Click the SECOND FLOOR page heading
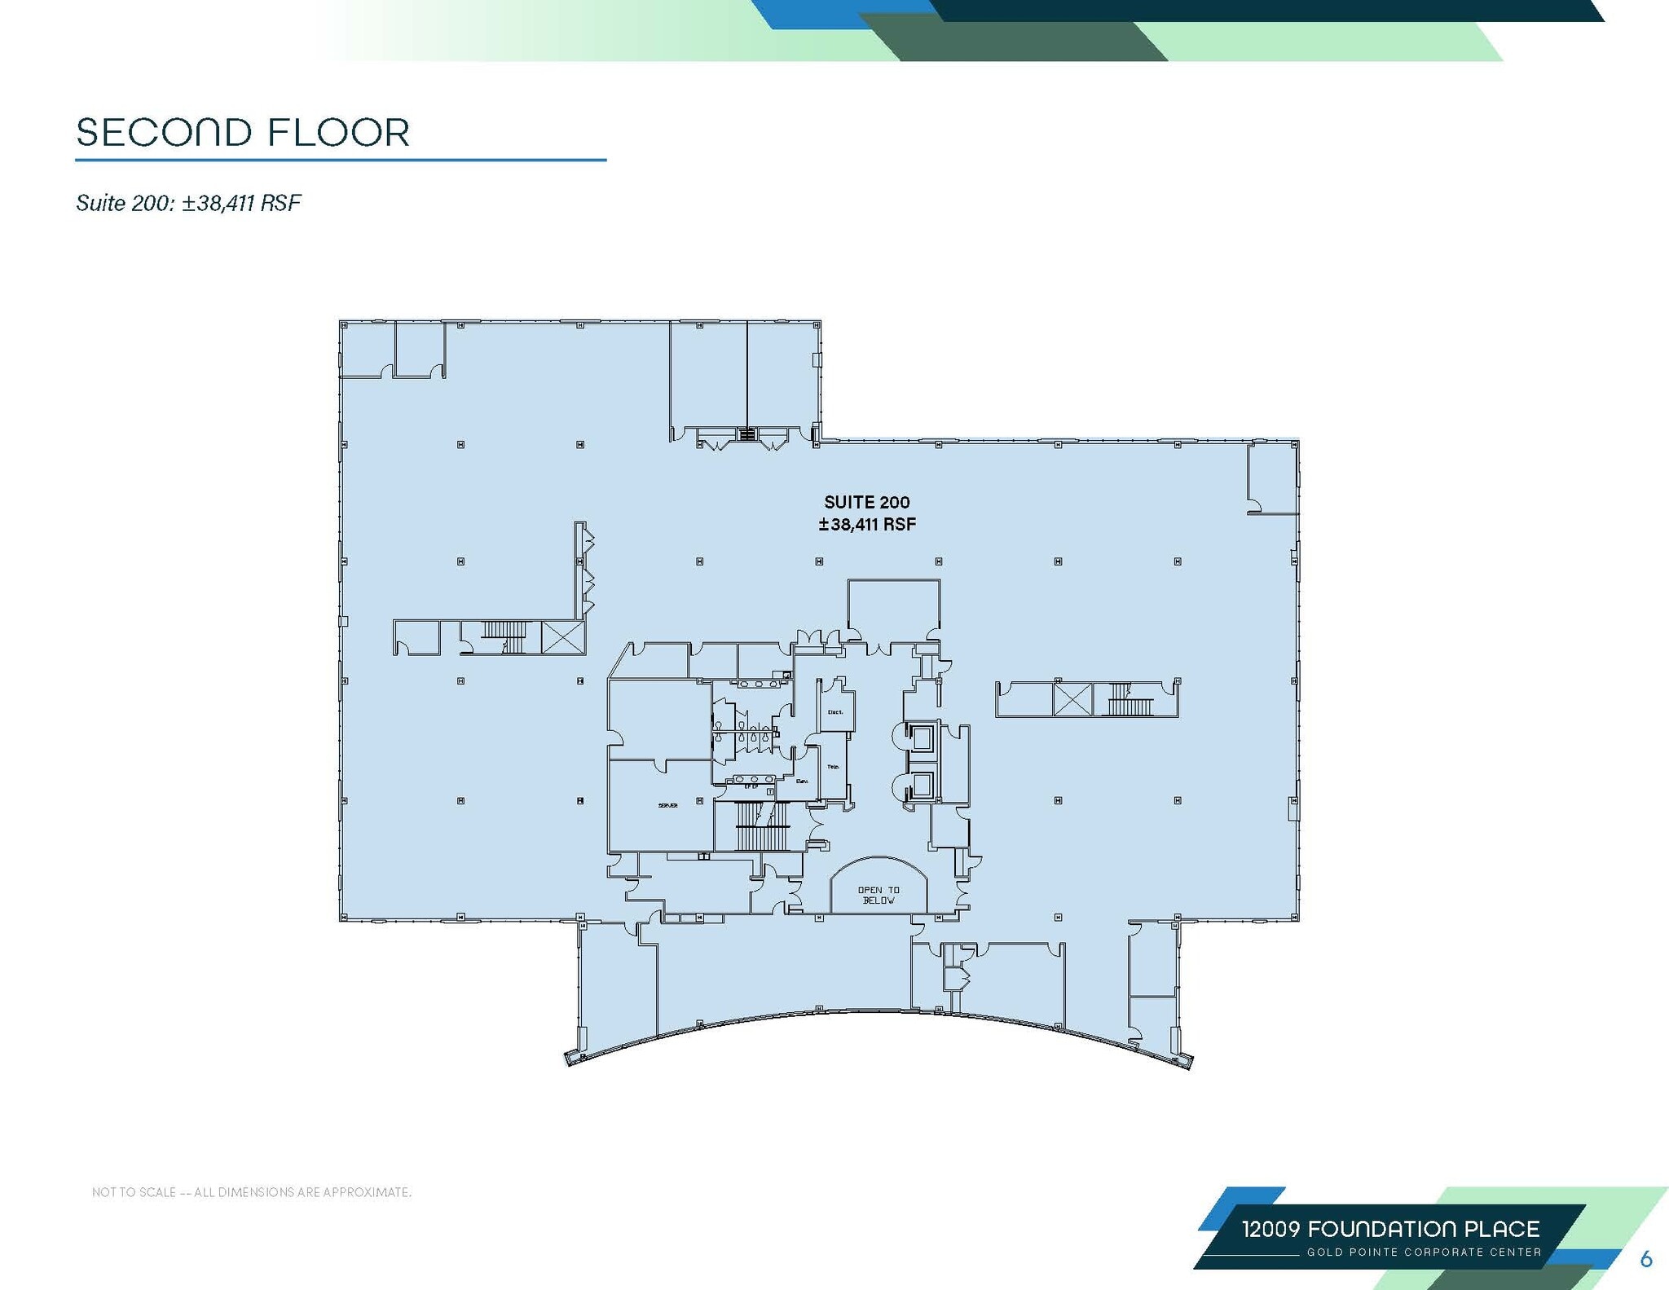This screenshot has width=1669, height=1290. pos(243,133)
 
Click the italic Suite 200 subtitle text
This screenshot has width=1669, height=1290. pos(188,203)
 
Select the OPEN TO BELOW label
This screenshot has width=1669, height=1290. pos(879,895)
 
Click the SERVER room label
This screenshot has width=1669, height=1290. pos(667,805)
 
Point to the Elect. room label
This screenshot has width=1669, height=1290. pos(835,711)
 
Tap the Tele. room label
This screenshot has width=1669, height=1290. pos(833,767)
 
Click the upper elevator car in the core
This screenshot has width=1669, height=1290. pos(922,737)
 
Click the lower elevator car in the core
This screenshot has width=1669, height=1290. pos(922,786)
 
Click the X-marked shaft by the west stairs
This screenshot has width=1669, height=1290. pos(562,636)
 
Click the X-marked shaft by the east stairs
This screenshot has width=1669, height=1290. pos(1072,699)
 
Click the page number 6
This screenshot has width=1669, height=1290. pos(1645,1259)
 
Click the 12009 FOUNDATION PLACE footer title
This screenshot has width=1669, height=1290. pos(1390,1229)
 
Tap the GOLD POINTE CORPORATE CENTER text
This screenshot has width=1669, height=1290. pos(1424,1252)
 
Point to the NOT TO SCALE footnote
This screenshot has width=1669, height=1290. pos(252,1192)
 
